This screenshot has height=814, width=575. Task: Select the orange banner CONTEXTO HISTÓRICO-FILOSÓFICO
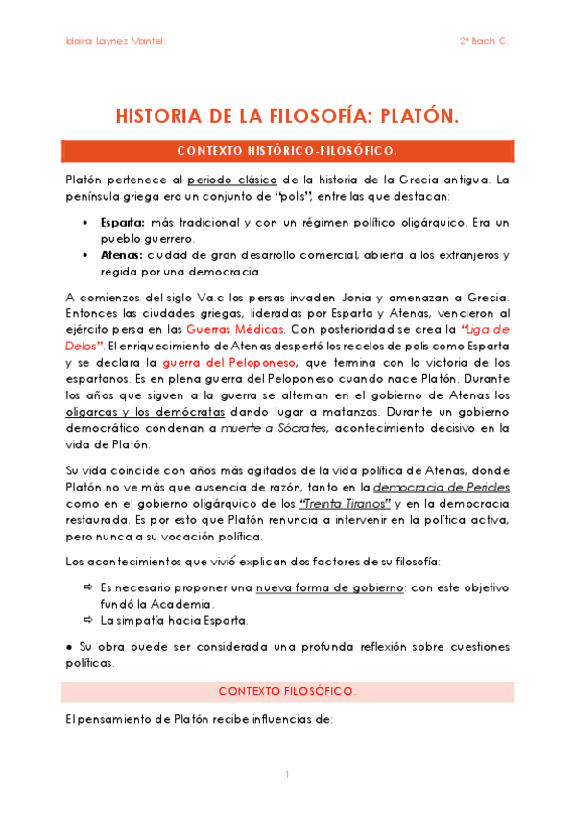click(287, 151)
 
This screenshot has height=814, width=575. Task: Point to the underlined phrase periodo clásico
click(250, 180)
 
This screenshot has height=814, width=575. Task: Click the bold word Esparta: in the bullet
click(123, 222)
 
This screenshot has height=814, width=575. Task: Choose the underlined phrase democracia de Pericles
click(441, 487)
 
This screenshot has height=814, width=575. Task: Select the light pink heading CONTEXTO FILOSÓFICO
click(287, 691)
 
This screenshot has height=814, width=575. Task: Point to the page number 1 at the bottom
click(287, 774)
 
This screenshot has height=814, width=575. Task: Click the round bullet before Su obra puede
click(70, 646)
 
